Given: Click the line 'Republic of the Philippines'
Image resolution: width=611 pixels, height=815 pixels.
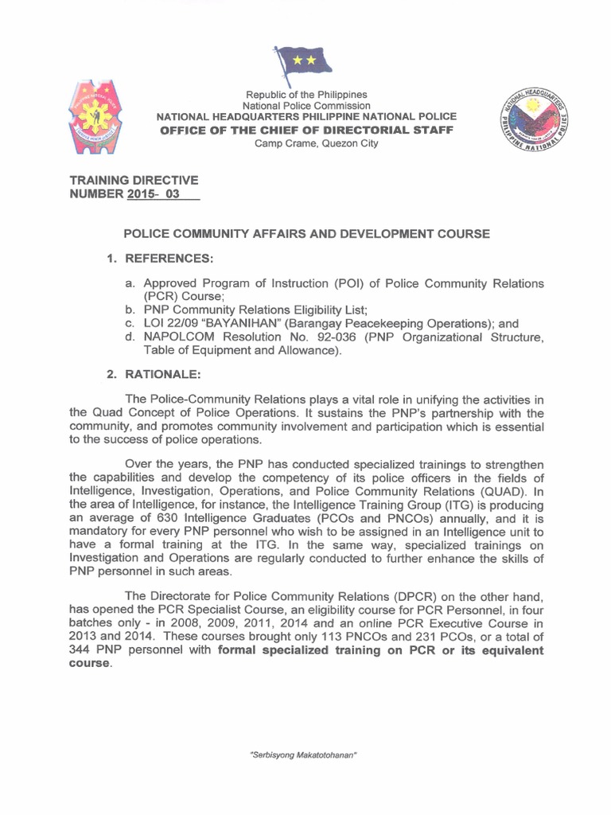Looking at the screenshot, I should click(305, 94).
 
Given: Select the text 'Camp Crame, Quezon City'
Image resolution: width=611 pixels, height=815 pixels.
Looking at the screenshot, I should click(305, 143).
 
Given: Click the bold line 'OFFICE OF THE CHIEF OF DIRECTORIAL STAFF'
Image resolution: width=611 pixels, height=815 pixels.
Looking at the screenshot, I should click(305, 130).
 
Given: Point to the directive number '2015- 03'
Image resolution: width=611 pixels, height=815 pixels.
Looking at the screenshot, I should click(156, 195).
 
